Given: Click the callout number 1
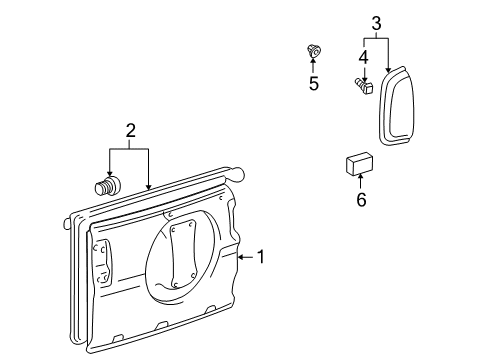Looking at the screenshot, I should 260,257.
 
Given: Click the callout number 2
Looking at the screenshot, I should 129,131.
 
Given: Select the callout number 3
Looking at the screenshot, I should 376,23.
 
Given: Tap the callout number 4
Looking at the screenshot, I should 364,57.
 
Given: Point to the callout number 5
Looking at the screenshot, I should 313,84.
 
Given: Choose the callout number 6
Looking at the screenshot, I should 361,200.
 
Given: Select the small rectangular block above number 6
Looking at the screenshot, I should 360,164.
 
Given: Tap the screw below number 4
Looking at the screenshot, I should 362,89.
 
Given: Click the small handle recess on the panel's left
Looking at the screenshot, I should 102,262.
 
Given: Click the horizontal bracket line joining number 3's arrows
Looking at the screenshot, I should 376,39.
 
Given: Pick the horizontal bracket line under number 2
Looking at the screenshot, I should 129,148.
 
